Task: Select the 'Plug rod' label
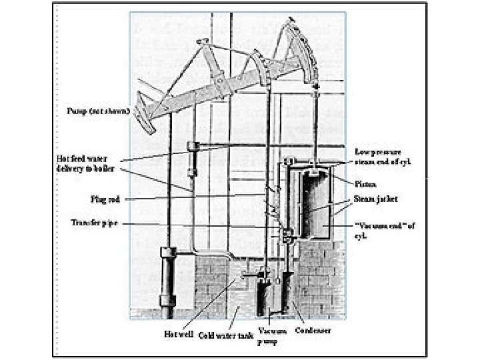click(105, 199)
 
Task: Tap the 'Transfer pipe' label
click(93, 223)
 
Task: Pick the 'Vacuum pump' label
click(273, 335)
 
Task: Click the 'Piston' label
click(366, 184)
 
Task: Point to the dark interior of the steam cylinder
click(313, 207)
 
